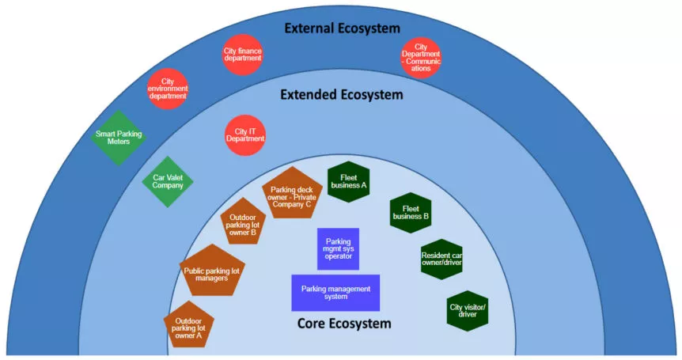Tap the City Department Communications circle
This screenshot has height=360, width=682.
point(421,58)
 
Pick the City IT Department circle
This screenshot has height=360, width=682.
point(245,135)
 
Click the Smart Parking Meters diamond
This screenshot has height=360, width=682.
point(119,138)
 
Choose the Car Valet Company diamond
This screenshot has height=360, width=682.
point(168,181)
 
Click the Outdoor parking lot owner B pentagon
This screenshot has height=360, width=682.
point(243,224)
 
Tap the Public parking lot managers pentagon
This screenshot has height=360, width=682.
point(210,272)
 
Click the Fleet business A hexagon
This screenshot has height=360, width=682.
point(349,181)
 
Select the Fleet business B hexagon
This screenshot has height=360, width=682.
point(411,212)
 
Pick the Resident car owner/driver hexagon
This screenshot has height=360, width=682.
point(441,259)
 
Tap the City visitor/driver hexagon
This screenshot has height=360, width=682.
point(468,310)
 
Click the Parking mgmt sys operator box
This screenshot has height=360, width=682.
point(338,248)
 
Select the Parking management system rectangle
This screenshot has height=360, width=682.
point(335,293)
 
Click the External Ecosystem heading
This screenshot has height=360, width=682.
point(343,28)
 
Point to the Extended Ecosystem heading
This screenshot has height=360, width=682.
point(342,94)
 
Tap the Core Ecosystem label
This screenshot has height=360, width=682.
point(344,324)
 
